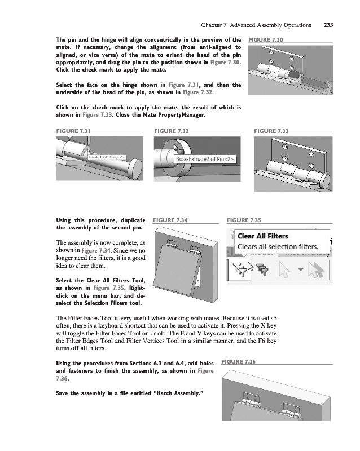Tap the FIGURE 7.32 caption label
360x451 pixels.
coord(171,131)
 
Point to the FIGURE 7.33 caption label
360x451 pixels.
coord(271,131)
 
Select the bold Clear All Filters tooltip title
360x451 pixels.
coord(263,236)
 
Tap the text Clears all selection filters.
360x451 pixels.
coord(278,246)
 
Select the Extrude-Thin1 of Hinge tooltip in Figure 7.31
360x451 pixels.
coord(106,156)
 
